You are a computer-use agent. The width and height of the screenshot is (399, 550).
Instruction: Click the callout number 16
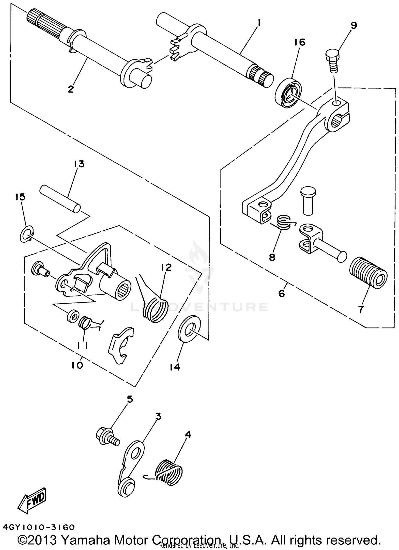click(300, 42)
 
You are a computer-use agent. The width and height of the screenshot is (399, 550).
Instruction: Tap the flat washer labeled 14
click(189, 329)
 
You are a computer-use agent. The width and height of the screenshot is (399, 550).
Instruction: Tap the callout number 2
click(70, 89)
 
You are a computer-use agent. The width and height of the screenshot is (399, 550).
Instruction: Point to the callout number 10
click(77, 365)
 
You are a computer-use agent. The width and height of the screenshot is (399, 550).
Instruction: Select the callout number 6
click(281, 293)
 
